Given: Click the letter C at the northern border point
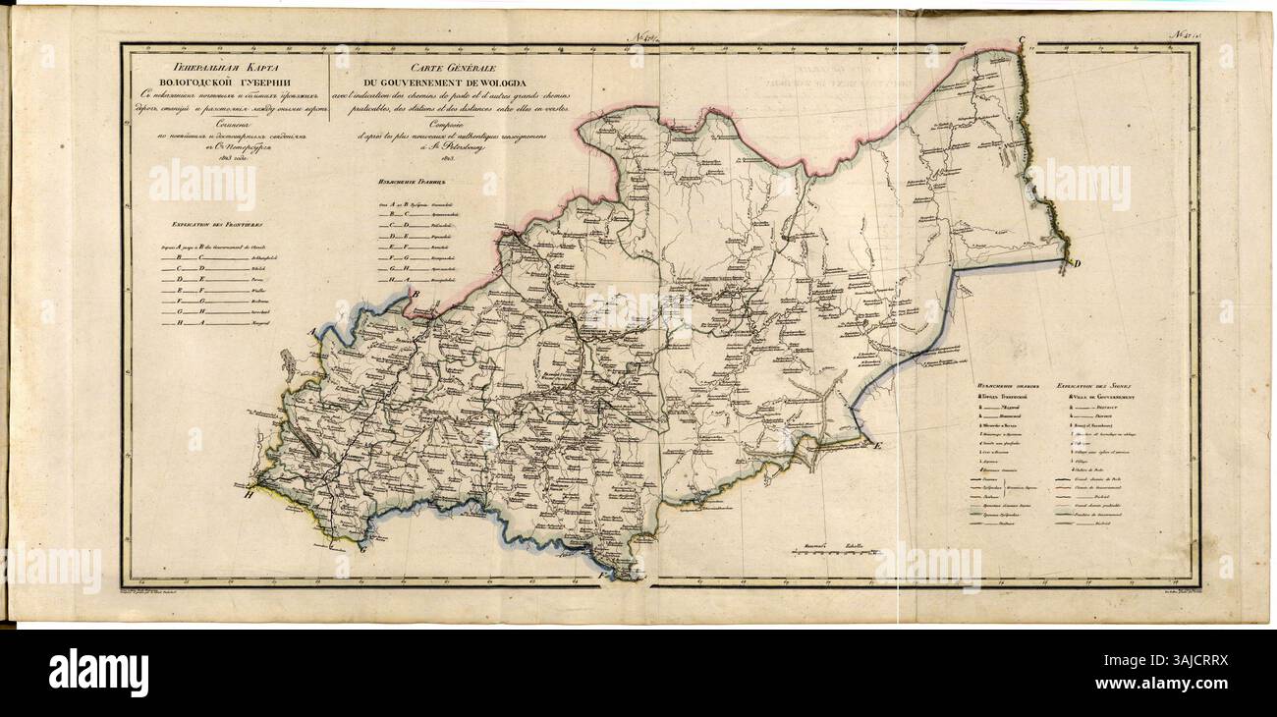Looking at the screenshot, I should click(x=1021, y=40).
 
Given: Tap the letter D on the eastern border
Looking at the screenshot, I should click(x=1075, y=265).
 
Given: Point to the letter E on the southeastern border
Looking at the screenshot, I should click(x=878, y=446).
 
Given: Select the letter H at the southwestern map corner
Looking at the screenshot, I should click(x=250, y=497).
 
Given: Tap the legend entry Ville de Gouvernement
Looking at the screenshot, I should click(x=1097, y=395).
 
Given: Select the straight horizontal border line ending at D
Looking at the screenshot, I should click(x=1012, y=263).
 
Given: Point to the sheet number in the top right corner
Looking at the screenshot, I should click(x=1182, y=36).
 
